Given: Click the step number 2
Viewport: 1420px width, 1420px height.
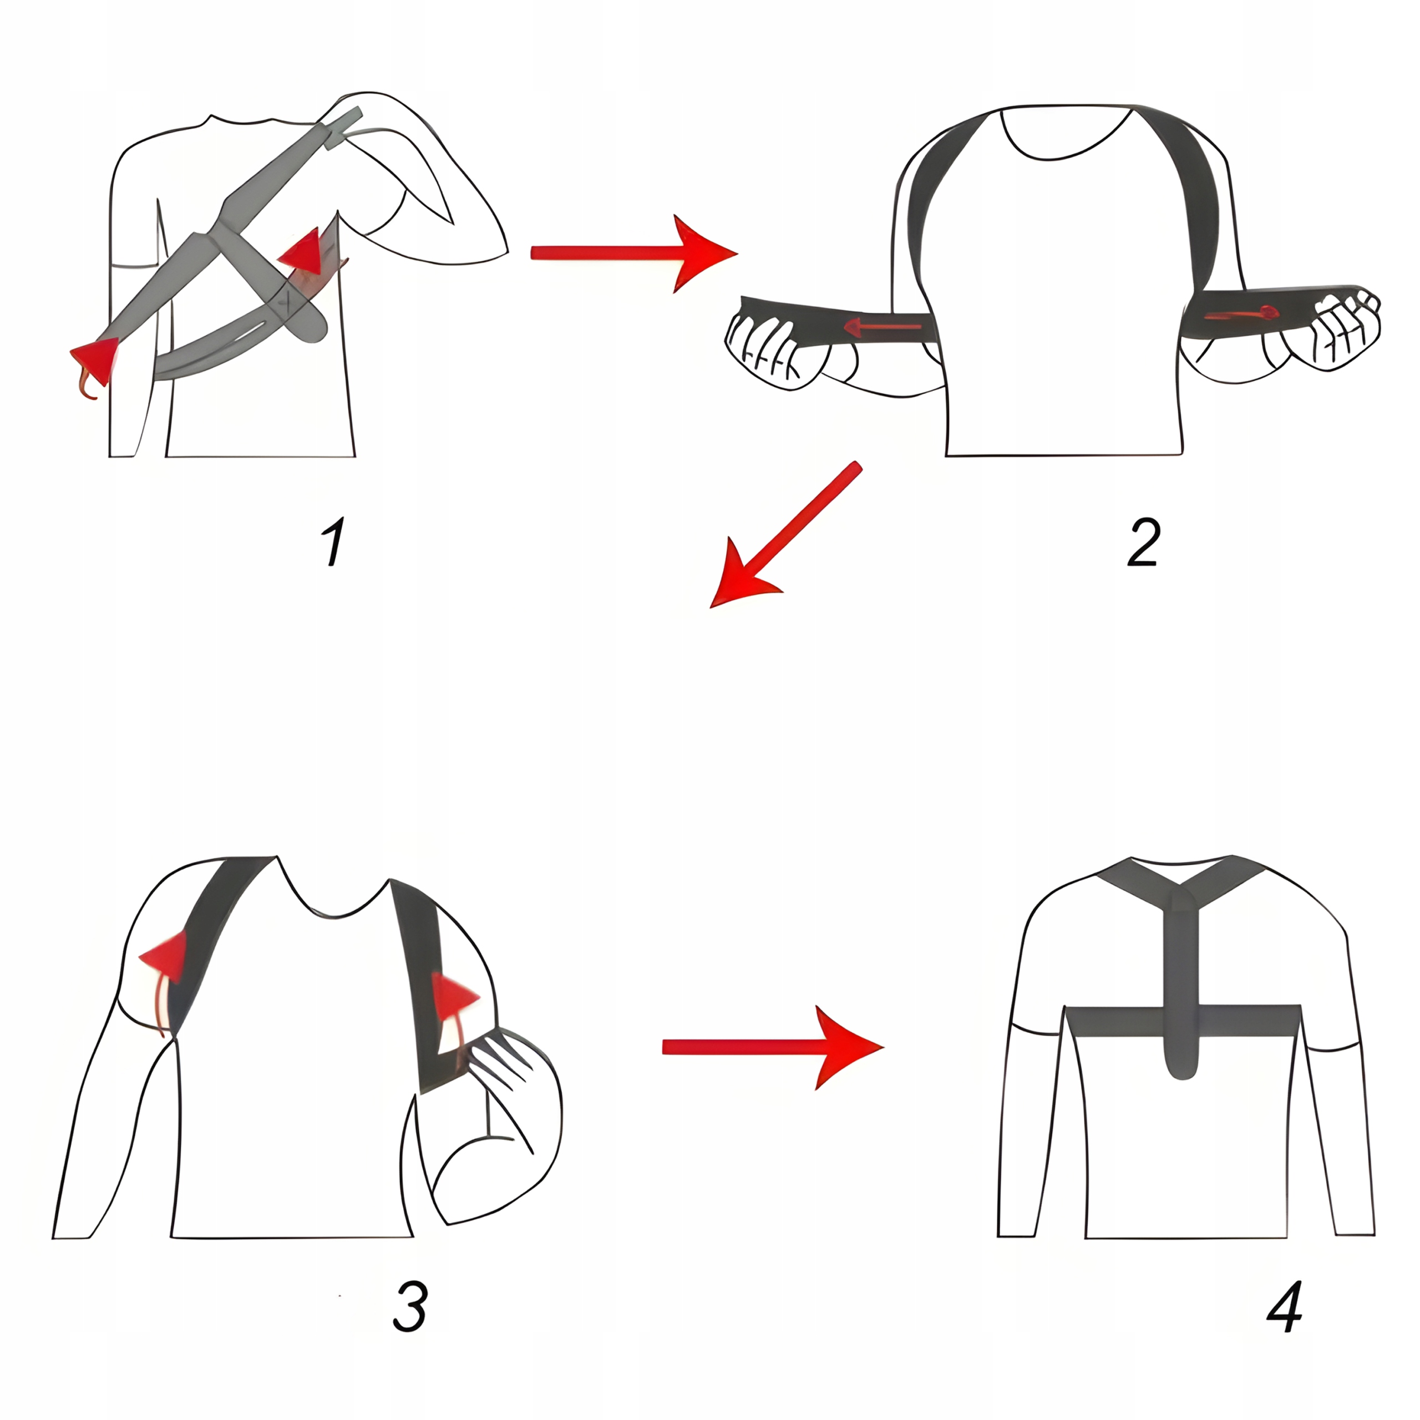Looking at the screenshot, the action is pos(1144,542).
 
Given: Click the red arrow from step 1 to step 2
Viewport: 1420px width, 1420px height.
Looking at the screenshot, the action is pos(632,253).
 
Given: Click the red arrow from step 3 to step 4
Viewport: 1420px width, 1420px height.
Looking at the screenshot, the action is pos(772,1047).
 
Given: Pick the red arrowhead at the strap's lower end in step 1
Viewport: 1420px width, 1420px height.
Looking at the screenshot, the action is pos(95,360).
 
